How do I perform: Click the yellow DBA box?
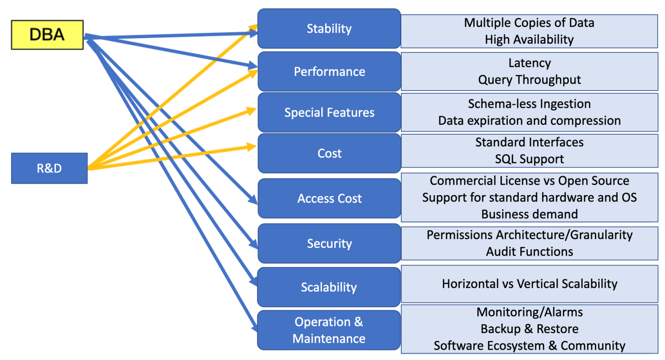pos(47,35)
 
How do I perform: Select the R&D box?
pos(49,168)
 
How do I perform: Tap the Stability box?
pos(329,29)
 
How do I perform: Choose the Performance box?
pos(329,71)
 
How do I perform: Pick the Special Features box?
pos(329,113)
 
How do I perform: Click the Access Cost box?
pos(329,198)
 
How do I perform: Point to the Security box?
pos(329,243)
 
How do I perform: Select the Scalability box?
pos(329,287)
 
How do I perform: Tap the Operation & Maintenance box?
pos(329,330)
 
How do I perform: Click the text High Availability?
pos(529,39)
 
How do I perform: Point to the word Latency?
pos(529,63)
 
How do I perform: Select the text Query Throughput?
pos(529,80)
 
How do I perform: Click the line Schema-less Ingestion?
pos(529,104)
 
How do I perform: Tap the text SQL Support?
pos(529,159)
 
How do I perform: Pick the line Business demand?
pos(529,214)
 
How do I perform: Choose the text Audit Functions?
pos(529,252)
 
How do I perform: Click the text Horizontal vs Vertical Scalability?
pos(529,284)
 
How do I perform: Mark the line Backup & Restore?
pos(529,329)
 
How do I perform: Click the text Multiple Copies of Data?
pos(529,23)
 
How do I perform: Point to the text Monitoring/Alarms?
pos(529,312)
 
